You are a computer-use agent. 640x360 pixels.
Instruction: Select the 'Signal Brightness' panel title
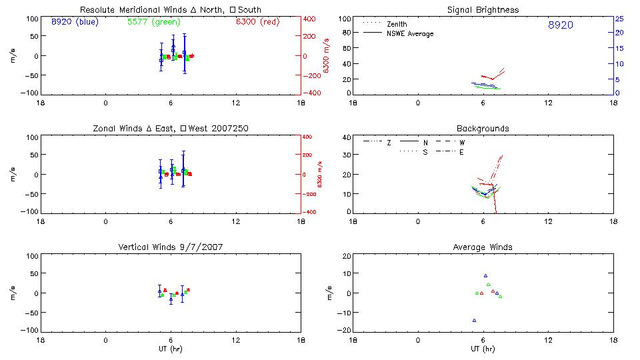(x=483, y=9)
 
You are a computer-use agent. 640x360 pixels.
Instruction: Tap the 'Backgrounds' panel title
(x=483, y=128)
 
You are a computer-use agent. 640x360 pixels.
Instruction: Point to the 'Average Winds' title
(x=483, y=247)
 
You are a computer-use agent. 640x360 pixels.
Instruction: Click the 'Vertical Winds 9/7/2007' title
(x=170, y=247)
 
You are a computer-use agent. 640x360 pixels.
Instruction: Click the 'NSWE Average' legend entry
(x=410, y=33)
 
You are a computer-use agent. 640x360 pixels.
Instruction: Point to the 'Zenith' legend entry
(x=397, y=24)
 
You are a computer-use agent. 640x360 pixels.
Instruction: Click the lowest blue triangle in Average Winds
(x=474, y=321)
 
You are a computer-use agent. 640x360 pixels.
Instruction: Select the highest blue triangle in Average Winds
(x=485, y=275)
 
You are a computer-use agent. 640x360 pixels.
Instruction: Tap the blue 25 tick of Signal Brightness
(x=619, y=19)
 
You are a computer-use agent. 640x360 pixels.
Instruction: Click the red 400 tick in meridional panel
(x=309, y=19)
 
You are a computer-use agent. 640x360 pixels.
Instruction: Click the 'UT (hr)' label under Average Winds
(x=483, y=349)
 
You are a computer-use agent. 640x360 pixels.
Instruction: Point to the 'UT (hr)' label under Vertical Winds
(x=170, y=349)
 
